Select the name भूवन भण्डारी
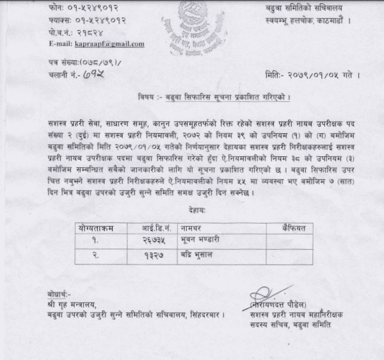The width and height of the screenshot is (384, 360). [203, 241]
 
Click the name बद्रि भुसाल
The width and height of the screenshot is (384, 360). [199, 256]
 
